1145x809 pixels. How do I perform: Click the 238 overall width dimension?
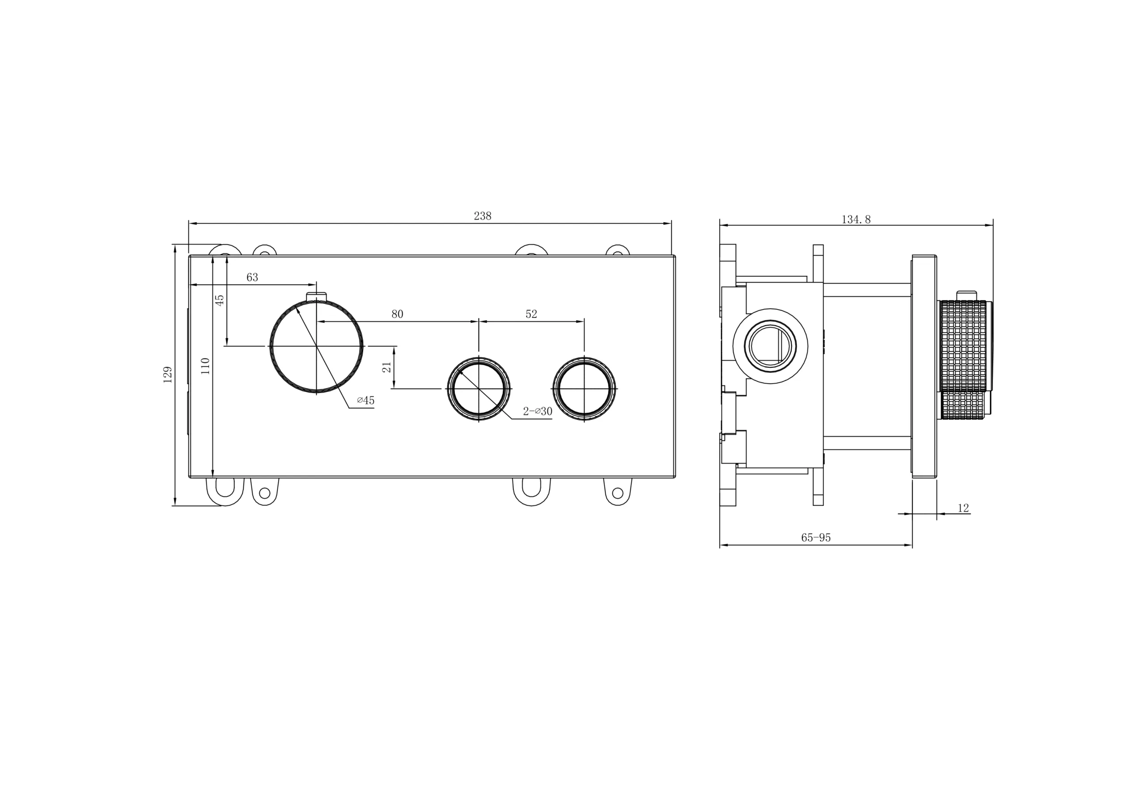pos(482,216)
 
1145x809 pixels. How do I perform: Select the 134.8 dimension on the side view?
pos(856,219)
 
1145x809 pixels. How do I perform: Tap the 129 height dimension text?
pos(168,375)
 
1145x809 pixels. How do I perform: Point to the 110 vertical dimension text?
pos(205,366)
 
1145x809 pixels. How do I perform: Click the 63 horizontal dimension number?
pos(252,277)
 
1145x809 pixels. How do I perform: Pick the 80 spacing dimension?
pos(397,314)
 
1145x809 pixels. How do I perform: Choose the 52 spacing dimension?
pos(531,314)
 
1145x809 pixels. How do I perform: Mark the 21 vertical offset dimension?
pos(386,367)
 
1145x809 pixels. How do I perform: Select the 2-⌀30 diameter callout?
pos(538,411)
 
